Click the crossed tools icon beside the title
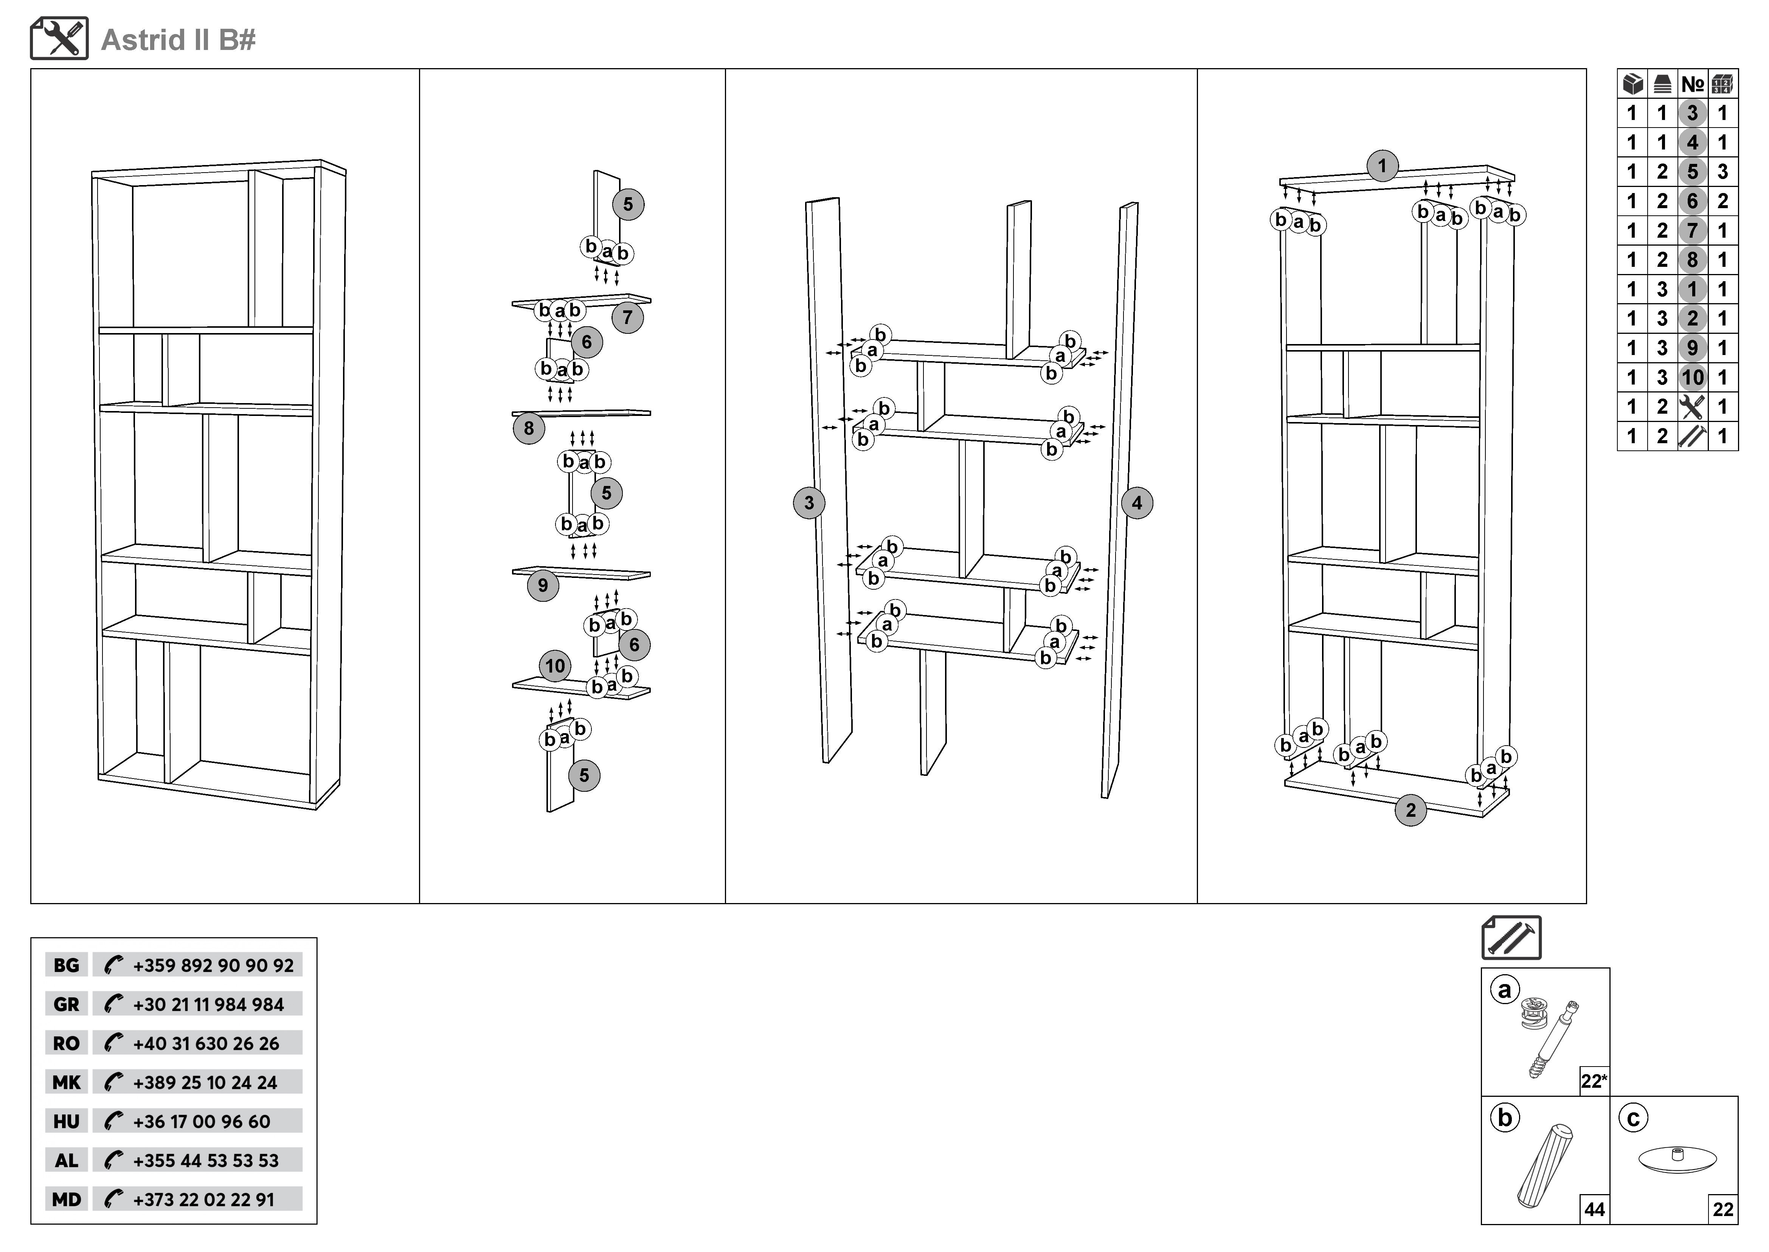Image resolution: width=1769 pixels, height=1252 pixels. click(59, 39)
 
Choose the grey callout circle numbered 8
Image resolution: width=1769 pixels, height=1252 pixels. click(529, 428)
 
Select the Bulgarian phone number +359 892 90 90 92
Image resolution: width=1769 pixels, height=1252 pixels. click(213, 965)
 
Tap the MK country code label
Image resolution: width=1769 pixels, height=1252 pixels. click(66, 1082)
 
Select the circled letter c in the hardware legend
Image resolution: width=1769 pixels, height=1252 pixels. click(1632, 1118)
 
